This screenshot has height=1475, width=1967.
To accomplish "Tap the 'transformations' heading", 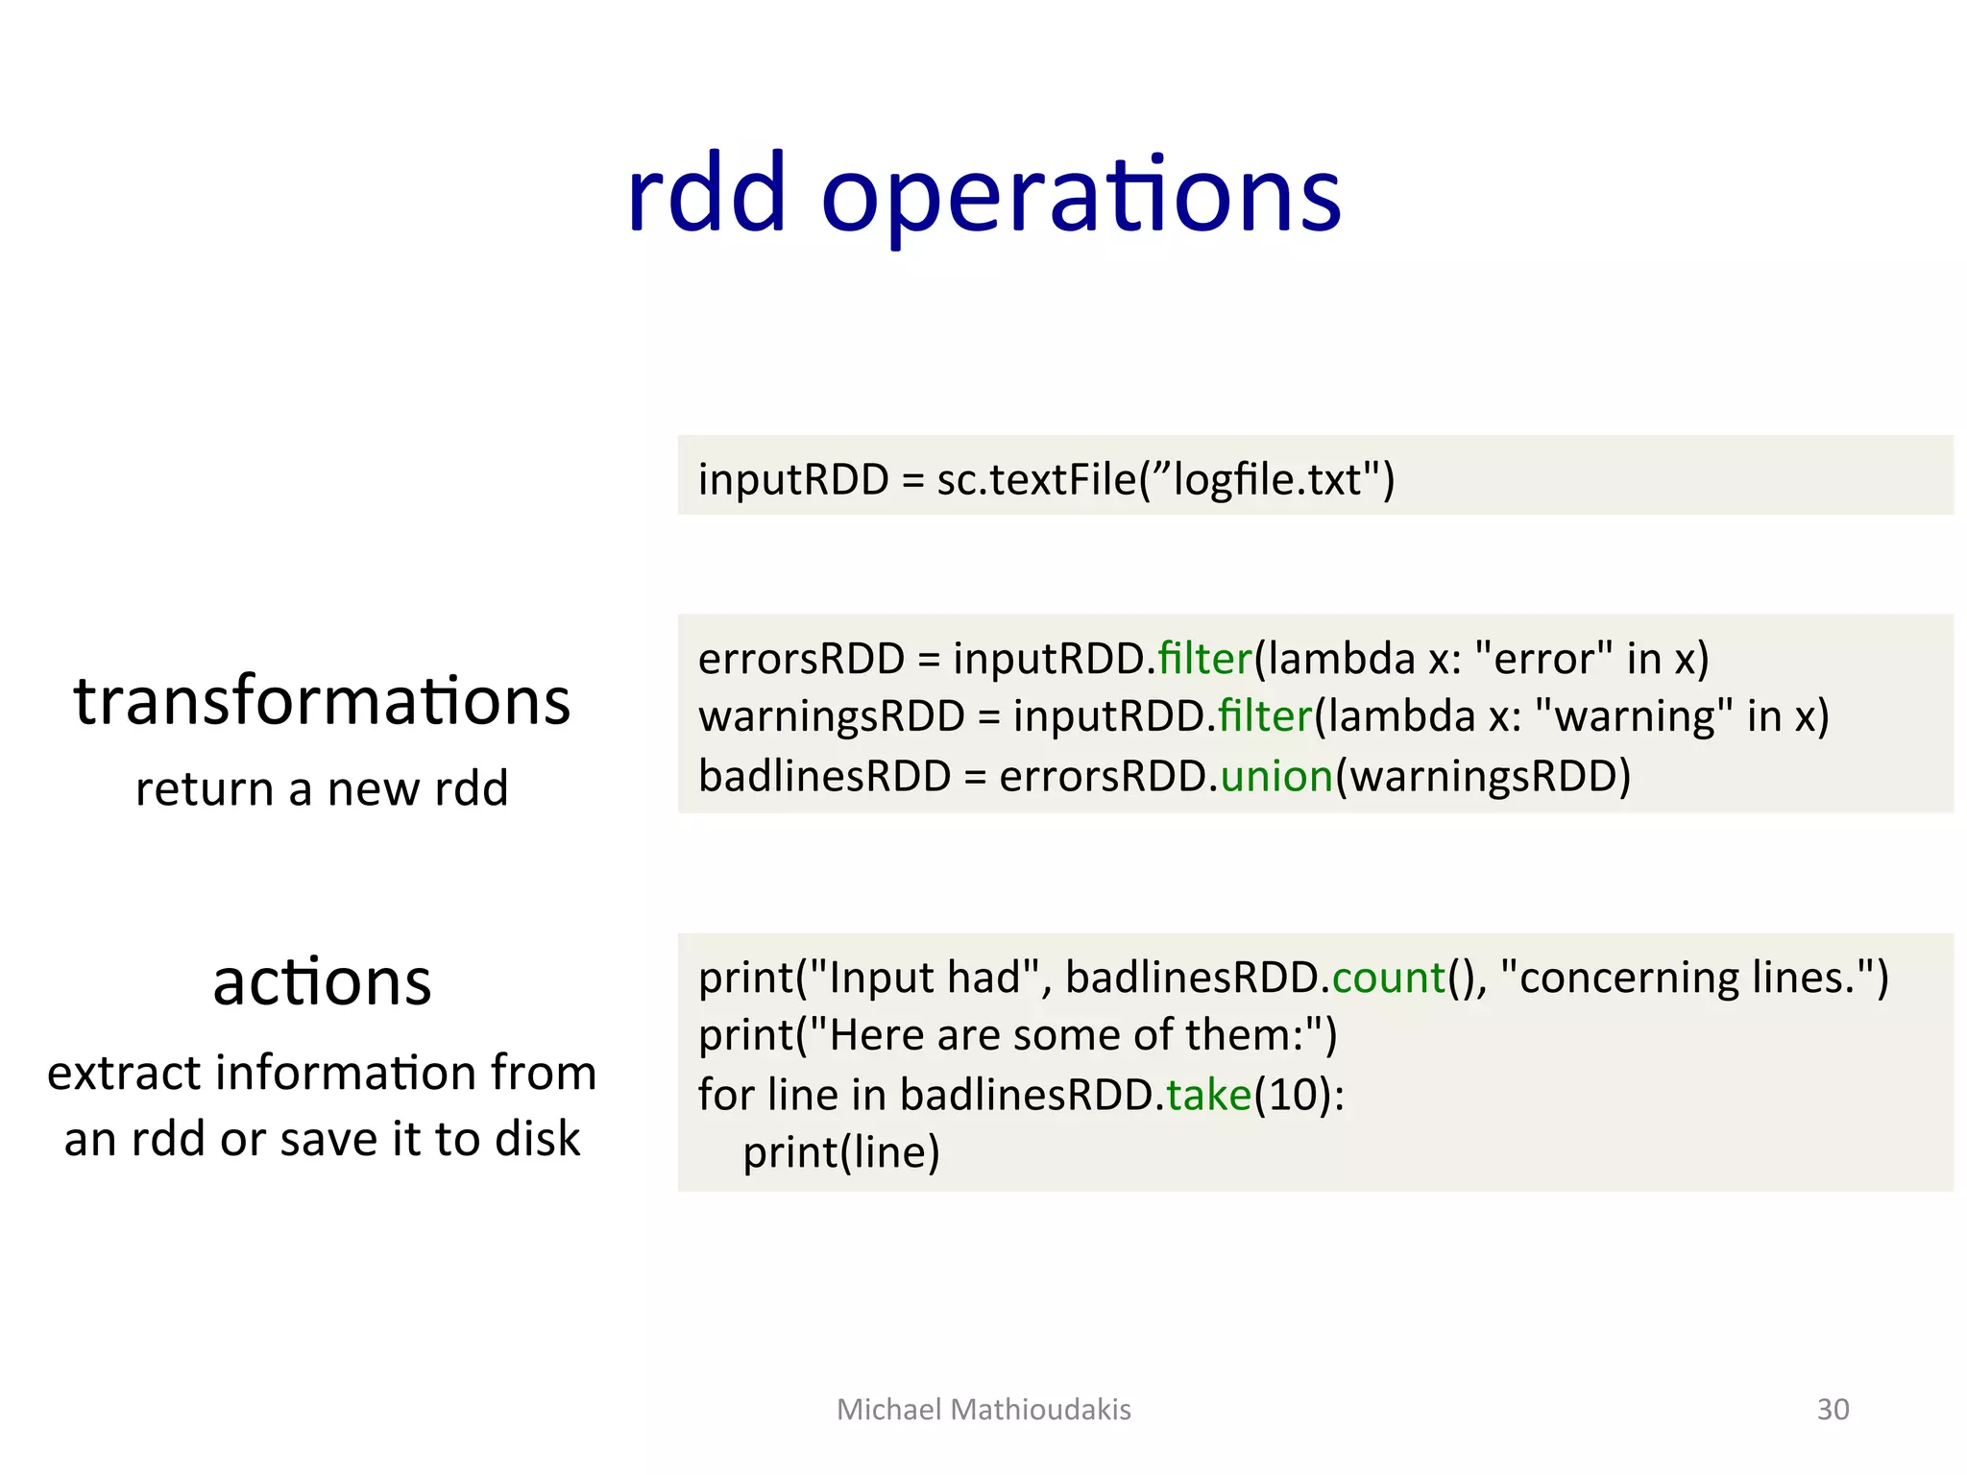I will click(322, 701).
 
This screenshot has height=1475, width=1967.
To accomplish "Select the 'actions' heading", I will click(322, 982).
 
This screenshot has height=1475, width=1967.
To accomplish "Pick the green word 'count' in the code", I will click(1388, 978).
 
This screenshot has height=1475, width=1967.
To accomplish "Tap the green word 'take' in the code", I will click(1208, 1095).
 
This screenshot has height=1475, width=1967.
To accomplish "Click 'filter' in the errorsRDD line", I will click(1204, 659).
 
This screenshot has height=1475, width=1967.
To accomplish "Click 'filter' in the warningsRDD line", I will click(1264, 716).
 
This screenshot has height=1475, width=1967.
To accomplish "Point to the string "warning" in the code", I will click(1634, 716).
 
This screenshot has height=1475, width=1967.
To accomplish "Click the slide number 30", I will click(1833, 1409).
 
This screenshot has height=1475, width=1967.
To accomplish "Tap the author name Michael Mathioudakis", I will click(983, 1409).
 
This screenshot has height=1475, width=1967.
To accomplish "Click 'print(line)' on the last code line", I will click(840, 1152).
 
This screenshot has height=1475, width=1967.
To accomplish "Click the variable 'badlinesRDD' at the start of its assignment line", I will click(824, 776).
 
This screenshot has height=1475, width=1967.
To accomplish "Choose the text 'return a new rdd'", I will click(322, 788).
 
